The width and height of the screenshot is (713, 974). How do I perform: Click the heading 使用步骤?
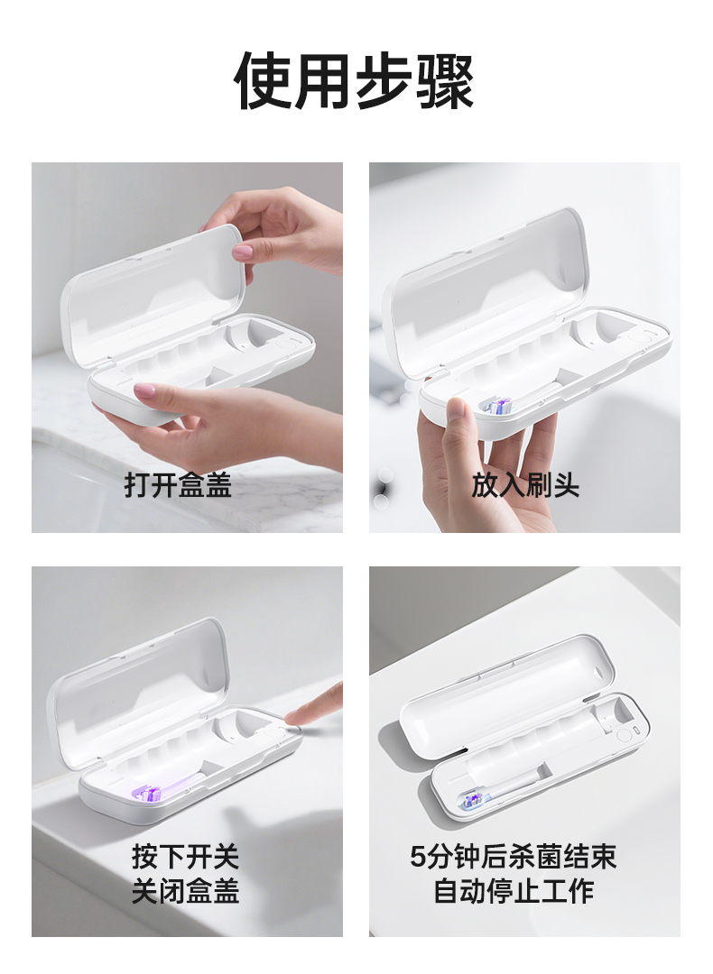[x=355, y=81]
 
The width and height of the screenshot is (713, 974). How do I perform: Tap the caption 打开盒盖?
[x=178, y=484]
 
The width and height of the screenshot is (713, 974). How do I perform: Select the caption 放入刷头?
[x=525, y=484]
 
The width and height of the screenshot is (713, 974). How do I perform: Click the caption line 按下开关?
[x=185, y=857]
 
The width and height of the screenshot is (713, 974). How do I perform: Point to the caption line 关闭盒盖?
[x=185, y=891]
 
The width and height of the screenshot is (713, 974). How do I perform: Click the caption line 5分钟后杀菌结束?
[x=513, y=857]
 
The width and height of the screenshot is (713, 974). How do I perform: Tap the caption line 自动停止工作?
[x=514, y=891]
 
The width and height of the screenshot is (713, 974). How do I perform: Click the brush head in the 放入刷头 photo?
[x=498, y=407]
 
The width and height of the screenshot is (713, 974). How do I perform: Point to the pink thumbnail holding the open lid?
[x=243, y=251]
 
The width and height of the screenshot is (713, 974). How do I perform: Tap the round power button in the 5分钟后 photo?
[x=624, y=734]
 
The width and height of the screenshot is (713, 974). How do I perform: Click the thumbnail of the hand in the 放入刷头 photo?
[x=457, y=410]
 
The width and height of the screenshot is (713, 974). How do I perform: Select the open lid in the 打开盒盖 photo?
[x=153, y=295]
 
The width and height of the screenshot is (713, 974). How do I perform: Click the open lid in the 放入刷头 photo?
[x=485, y=292]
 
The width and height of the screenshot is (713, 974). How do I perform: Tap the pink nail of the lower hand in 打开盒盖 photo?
[x=144, y=391]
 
